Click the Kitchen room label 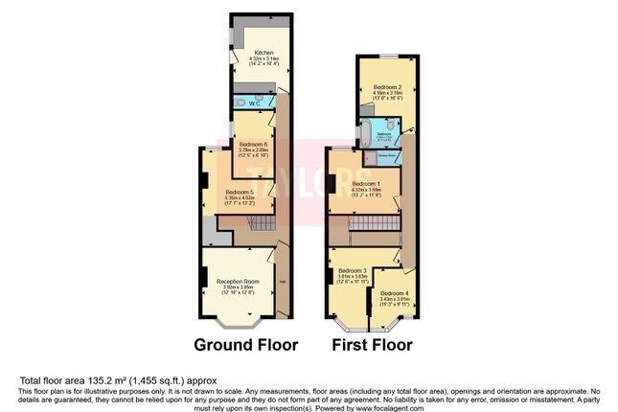coord(263,53)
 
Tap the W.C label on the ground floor coord(255,103)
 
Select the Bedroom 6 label coord(253,145)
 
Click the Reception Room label coord(238,282)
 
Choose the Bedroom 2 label coord(387,85)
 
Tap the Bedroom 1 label coord(366,183)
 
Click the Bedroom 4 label coord(394,292)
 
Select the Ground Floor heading coord(245,344)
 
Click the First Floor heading coord(373,344)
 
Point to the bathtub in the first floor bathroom coord(368,132)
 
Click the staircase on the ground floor coord(253,223)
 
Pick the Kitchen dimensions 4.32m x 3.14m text coord(263,59)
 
